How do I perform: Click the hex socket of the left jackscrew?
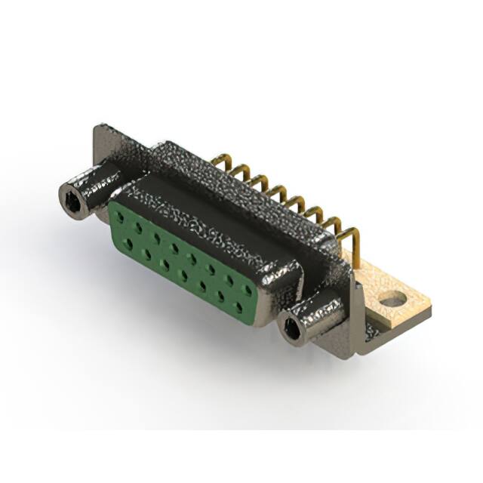[x=70, y=198]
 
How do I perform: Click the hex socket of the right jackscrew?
[x=292, y=328]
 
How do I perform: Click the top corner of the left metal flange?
[x=99, y=128]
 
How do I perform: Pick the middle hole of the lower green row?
[x=185, y=271]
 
